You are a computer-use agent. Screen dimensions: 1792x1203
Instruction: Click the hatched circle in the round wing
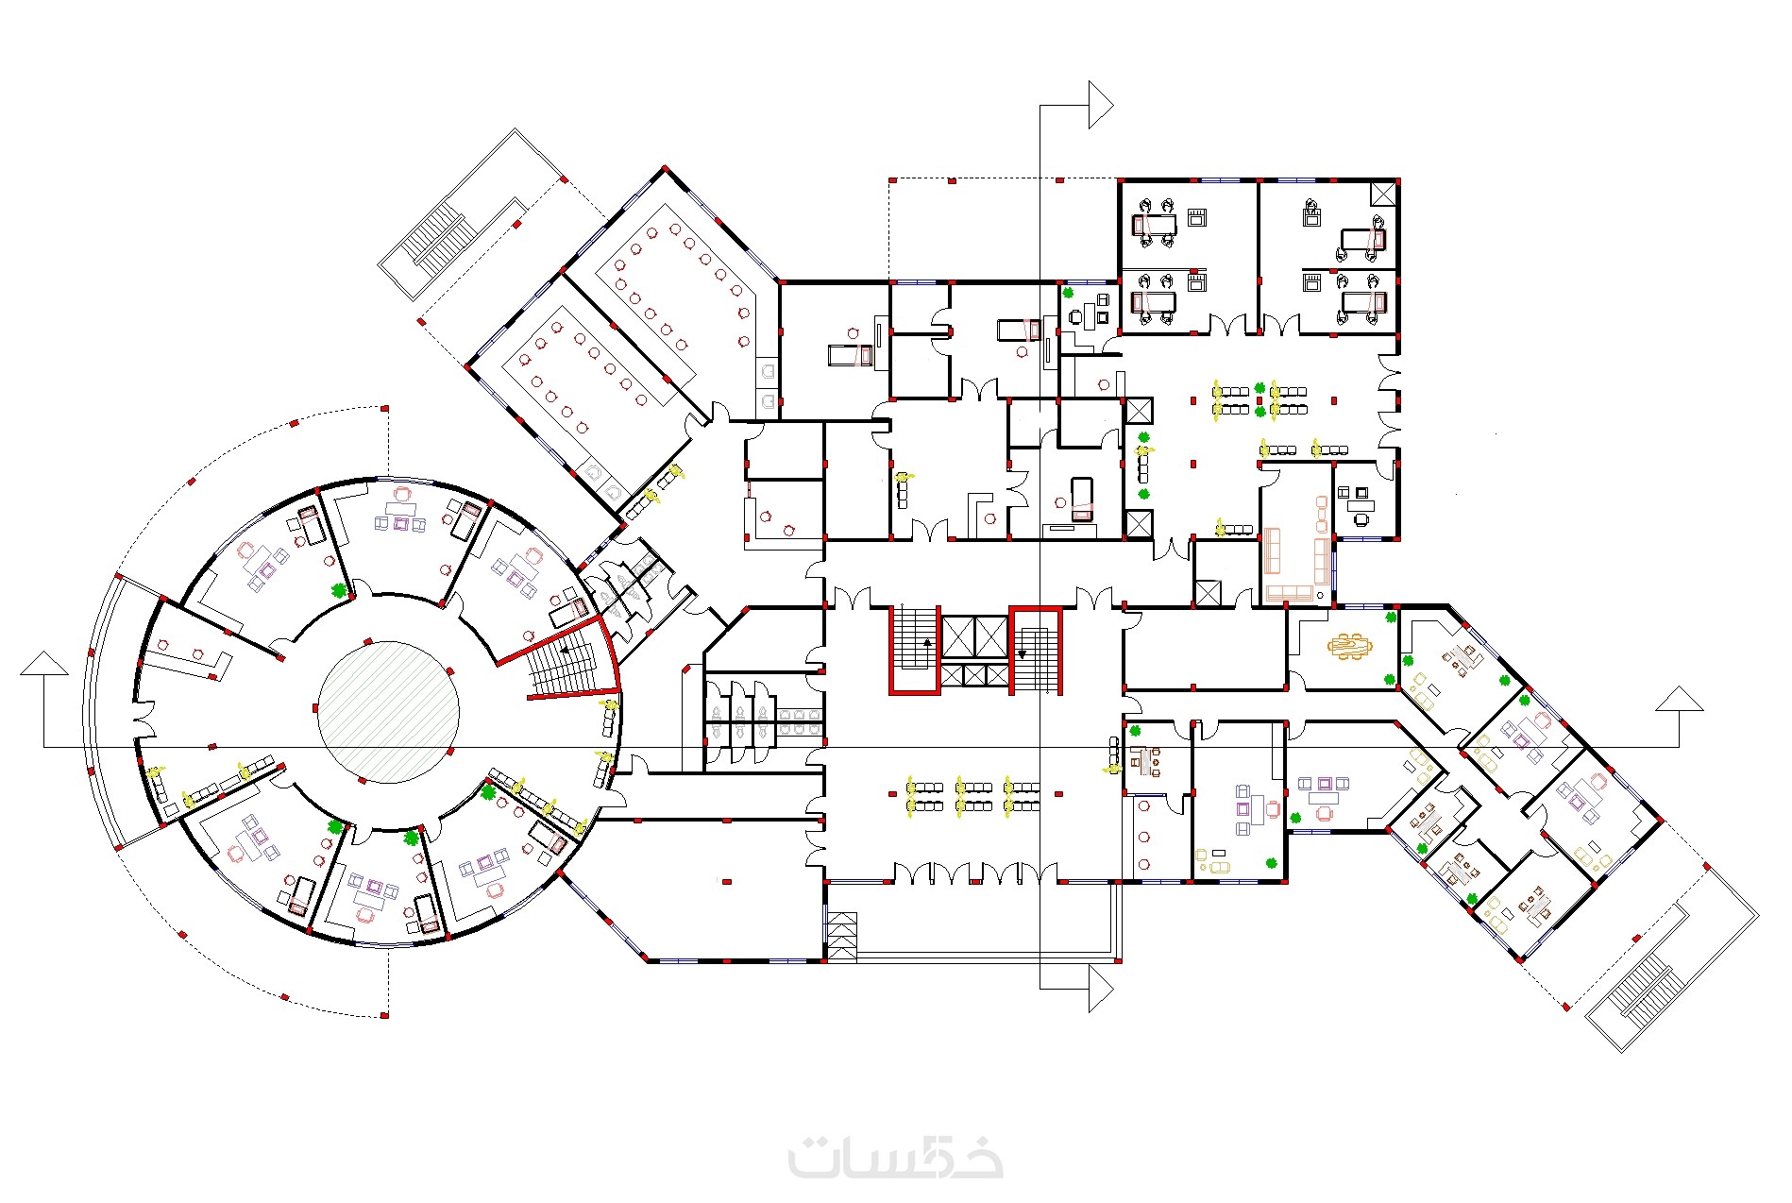click(x=388, y=712)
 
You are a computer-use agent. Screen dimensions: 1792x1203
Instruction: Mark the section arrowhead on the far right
click(x=1680, y=699)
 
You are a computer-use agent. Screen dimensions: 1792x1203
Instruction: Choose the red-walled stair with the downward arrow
click(x=1036, y=651)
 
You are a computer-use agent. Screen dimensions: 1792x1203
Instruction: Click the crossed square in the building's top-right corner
click(x=1383, y=194)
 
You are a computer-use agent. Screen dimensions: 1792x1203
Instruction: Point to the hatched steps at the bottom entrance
click(x=842, y=937)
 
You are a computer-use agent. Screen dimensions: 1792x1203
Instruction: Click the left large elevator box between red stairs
click(x=959, y=636)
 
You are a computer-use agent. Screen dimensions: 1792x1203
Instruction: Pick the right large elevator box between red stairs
click(x=992, y=636)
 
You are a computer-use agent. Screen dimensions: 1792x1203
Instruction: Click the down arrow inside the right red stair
click(x=1023, y=652)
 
